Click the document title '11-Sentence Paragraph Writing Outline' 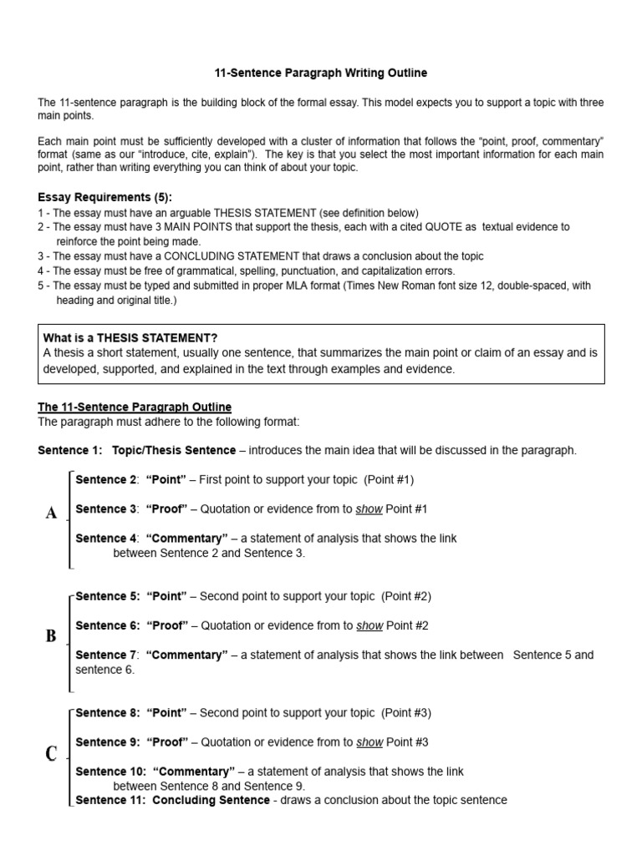(x=320, y=73)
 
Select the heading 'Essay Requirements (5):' (x=104, y=197)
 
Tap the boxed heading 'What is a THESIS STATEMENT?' (x=130, y=337)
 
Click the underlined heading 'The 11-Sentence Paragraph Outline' (x=135, y=407)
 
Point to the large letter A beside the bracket (x=52, y=513)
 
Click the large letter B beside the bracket (x=51, y=636)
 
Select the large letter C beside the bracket (x=51, y=754)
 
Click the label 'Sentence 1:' (x=69, y=450)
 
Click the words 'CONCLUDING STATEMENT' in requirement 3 (x=200, y=256)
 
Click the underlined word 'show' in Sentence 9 (x=369, y=742)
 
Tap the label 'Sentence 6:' (x=106, y=625)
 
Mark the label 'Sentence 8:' (x=106, y=713)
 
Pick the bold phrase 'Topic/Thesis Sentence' (x=174, y=450)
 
